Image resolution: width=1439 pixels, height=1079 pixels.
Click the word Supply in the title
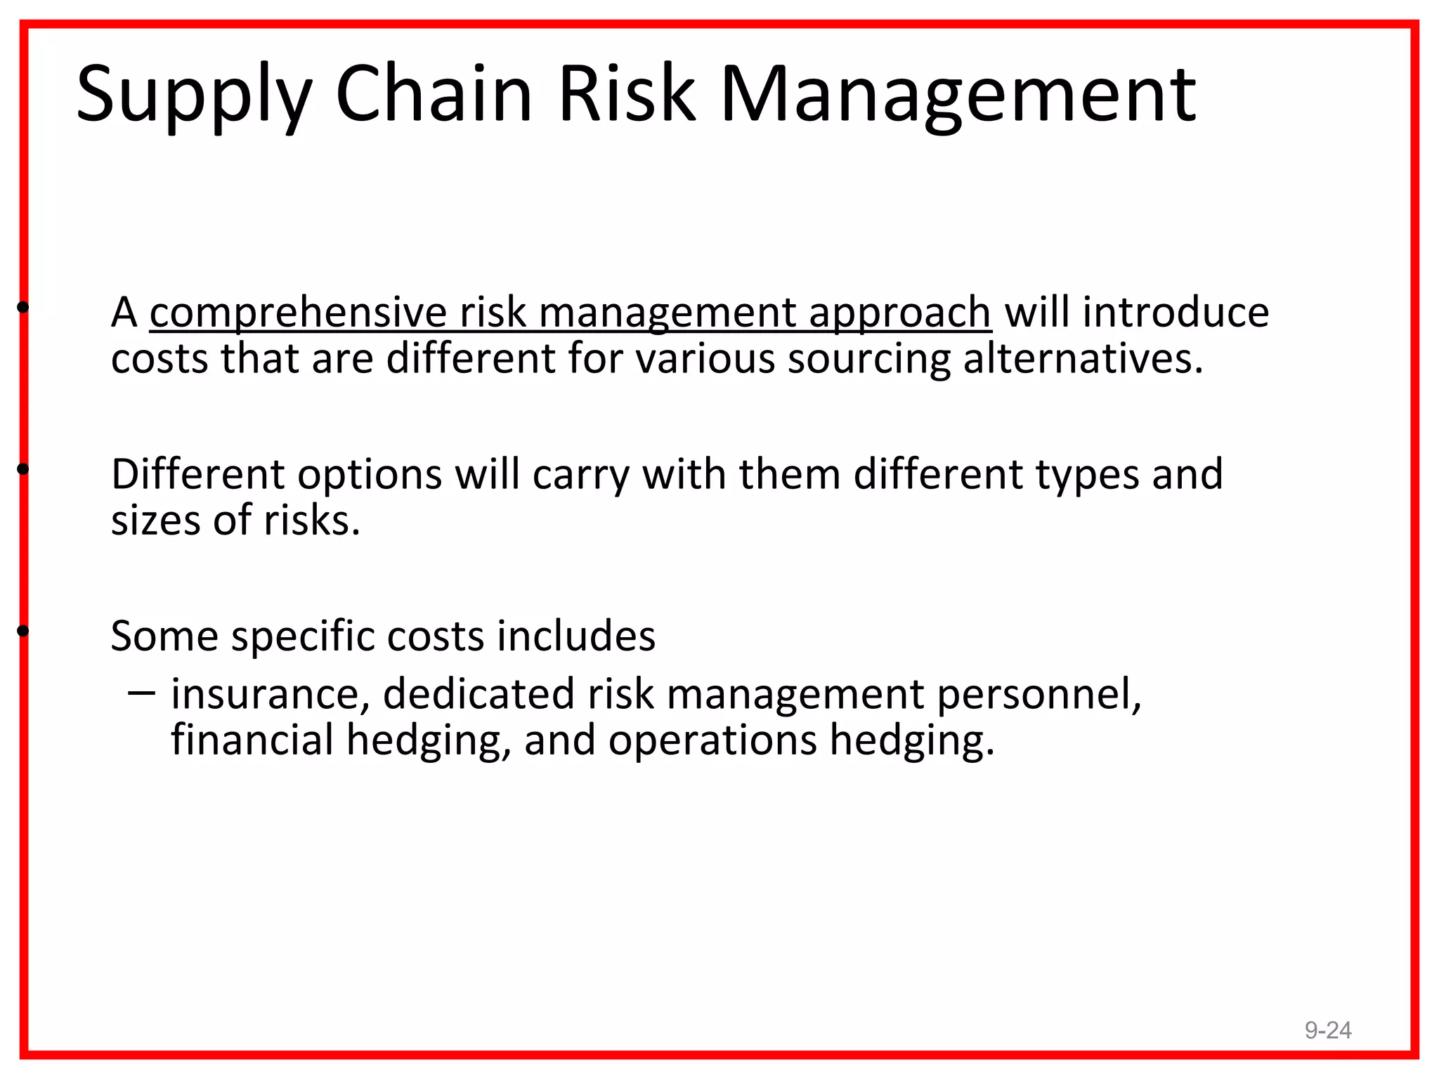pyautogui.click(x=194, y=95)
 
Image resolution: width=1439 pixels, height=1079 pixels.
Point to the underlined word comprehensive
pyautogui.click(x=298, y=313)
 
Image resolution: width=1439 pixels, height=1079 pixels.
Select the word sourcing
pyautogui.click(x=868, y=359)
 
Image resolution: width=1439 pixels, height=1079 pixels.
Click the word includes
pyautogui.click(x=576, y=636)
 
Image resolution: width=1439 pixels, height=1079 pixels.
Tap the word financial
pyautogui.click(x=252, y=740)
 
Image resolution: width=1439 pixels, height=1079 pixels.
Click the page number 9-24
pyautogui.click(x=1328, y=1030)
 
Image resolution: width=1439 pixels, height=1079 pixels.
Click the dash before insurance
pyautogui.click(x=141, y=693)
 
